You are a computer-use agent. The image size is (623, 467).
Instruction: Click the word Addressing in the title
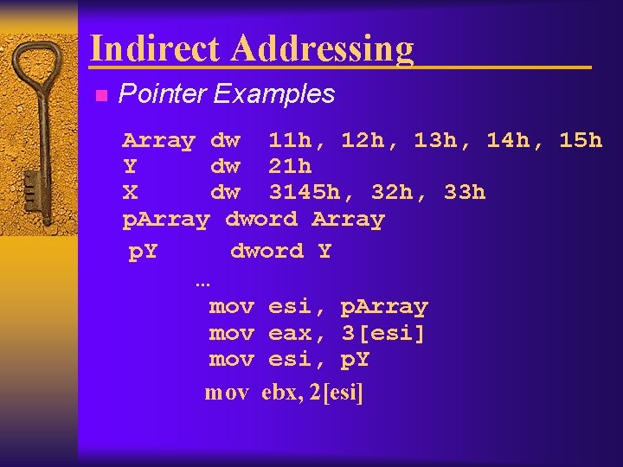tap(322, 49)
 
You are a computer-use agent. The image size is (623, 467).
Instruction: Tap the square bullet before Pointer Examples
tap(100, 95)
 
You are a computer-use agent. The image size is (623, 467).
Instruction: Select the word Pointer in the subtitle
tap(161, 93)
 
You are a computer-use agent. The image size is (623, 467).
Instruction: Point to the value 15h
tap(581, 140)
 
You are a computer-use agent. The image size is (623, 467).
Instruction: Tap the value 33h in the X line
tap(465, 192)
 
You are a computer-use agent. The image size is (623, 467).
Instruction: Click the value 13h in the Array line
tap(435, 140)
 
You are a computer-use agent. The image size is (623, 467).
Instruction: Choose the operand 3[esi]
tap(383, 333)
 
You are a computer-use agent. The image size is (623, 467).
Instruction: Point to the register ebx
tap(279, 393)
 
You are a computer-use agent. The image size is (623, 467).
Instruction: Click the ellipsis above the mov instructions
tap(202, 282)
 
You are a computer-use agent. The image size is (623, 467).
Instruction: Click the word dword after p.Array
tap(260, 220)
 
